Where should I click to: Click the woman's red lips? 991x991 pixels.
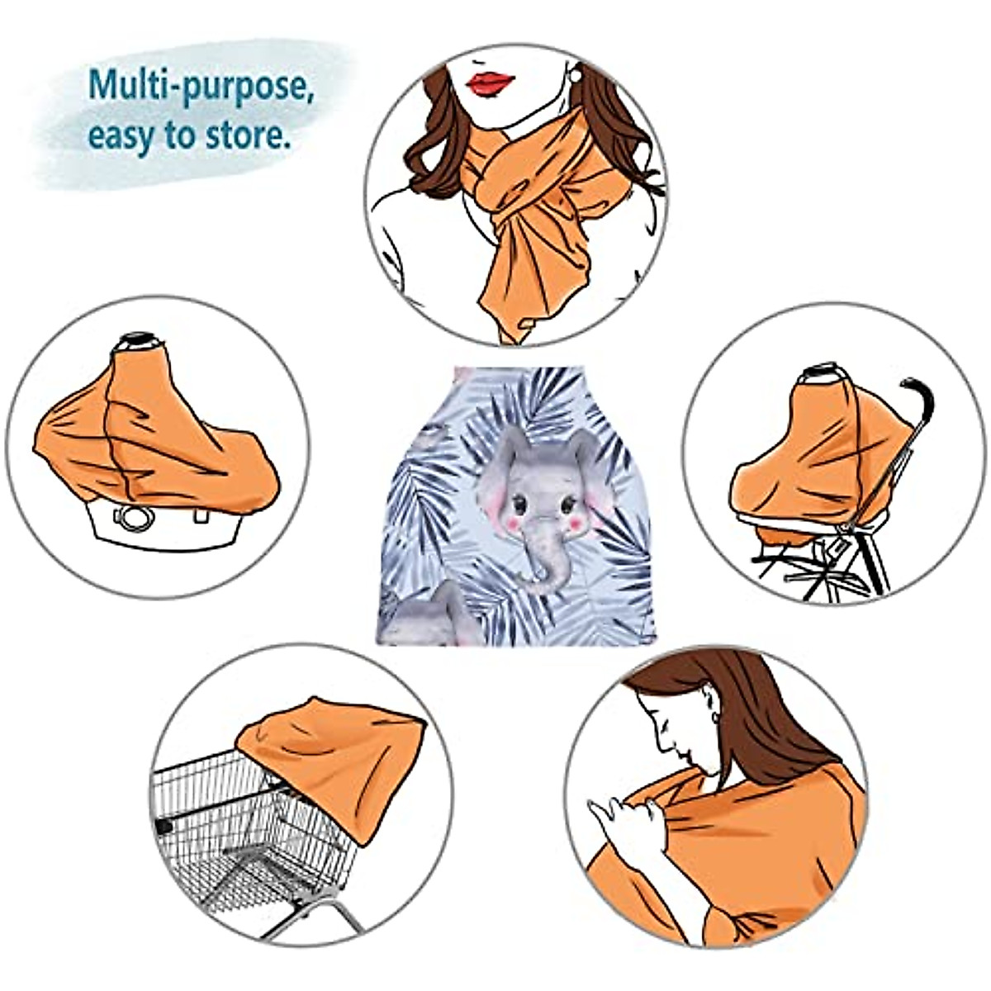tap(490, 82)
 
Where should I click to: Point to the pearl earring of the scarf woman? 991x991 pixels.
tap(575, 75)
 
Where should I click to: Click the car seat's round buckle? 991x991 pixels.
tap(134, 519)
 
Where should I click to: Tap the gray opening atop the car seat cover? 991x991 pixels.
tap(138, 340)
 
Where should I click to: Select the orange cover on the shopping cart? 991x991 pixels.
tap(339, 752)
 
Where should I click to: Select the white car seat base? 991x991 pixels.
tap(157, 529)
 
